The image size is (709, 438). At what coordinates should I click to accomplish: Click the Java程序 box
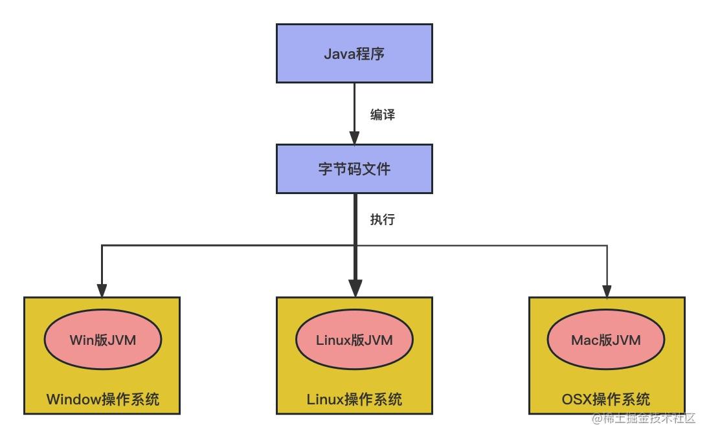[354, 54]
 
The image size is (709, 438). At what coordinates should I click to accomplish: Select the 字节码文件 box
[354, 169]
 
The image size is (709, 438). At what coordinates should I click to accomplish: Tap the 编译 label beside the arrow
[382, 115]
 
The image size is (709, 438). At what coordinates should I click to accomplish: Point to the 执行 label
[382, 219]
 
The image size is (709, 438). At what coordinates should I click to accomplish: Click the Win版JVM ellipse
[102, 340]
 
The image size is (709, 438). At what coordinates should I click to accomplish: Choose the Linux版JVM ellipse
[354, 340]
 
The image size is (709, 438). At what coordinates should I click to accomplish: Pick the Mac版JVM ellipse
[606, 340]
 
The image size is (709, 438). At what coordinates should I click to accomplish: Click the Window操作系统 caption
[102, 399]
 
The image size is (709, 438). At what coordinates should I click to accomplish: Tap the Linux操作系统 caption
[354, 399]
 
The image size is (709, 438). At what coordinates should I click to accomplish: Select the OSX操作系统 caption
[606, 399]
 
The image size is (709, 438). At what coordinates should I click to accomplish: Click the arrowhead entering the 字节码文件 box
[354, 138]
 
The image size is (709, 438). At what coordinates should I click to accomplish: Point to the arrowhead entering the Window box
[102, 290]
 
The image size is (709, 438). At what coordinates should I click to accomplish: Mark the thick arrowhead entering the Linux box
[355, 288]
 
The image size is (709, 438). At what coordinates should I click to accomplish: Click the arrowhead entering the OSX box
[607, 290]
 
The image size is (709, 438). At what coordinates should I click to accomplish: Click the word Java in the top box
[339, 54]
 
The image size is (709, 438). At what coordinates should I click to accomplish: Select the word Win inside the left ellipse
[81, 340]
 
